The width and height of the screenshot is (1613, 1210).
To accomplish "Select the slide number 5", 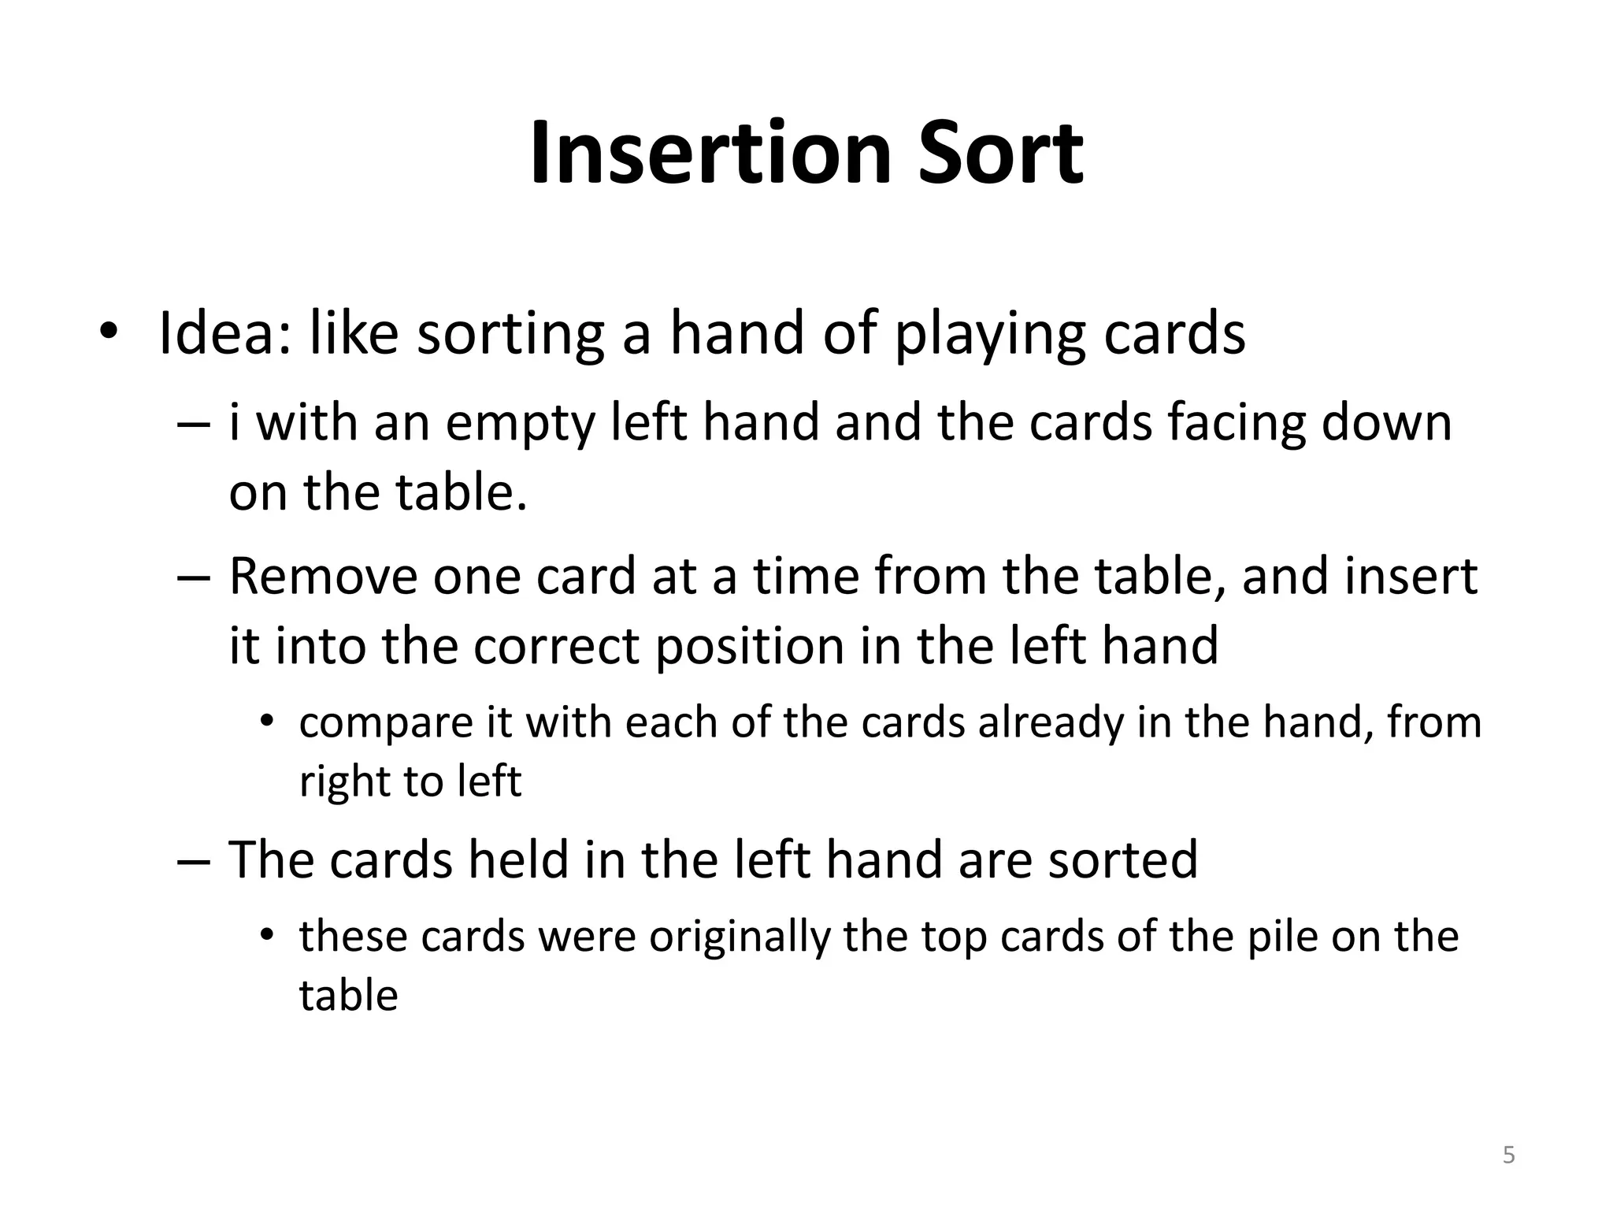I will (1508, 1156).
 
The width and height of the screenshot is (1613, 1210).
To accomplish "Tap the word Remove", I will (323, 576).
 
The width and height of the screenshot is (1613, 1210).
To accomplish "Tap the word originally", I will (740, 937).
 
